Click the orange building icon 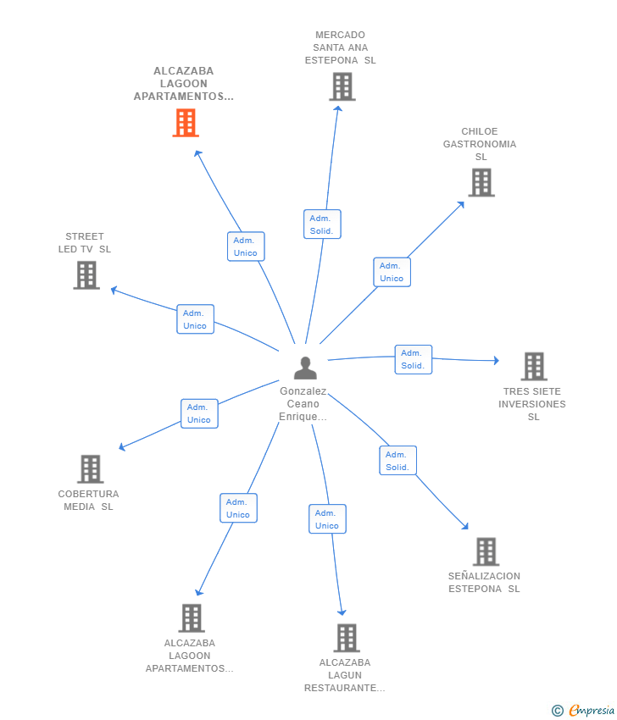click(x=186, y=123)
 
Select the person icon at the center click(x=305, y=368)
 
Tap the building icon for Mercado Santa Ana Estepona click(x=342, y=86)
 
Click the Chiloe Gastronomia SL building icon click(x=481, y=182)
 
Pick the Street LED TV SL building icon click(x=86, y=275)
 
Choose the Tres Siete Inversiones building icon click(x=534, y=367)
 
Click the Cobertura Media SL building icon click(x=91, y=468)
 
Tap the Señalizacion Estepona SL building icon click(x=486, y=551)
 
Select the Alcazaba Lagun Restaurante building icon click(x=347, y=638)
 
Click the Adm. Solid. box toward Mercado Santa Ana click(x=322, y=224)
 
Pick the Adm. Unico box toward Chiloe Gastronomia click(x=392, y=272)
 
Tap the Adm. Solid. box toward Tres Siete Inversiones click(x=414, y=359)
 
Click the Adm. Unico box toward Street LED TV click(x=195, y=319)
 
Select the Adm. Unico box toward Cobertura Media click(x=199, y=413)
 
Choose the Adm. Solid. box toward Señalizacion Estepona click(x=397, y=461)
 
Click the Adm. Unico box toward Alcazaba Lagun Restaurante click(x=327, y=519)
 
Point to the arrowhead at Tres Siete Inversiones click(x=497, y=361)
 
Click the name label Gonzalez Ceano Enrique click(x=303, y=403)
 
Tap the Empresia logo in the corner click(x=583, y=711)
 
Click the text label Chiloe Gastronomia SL click(x=480, y=144)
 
